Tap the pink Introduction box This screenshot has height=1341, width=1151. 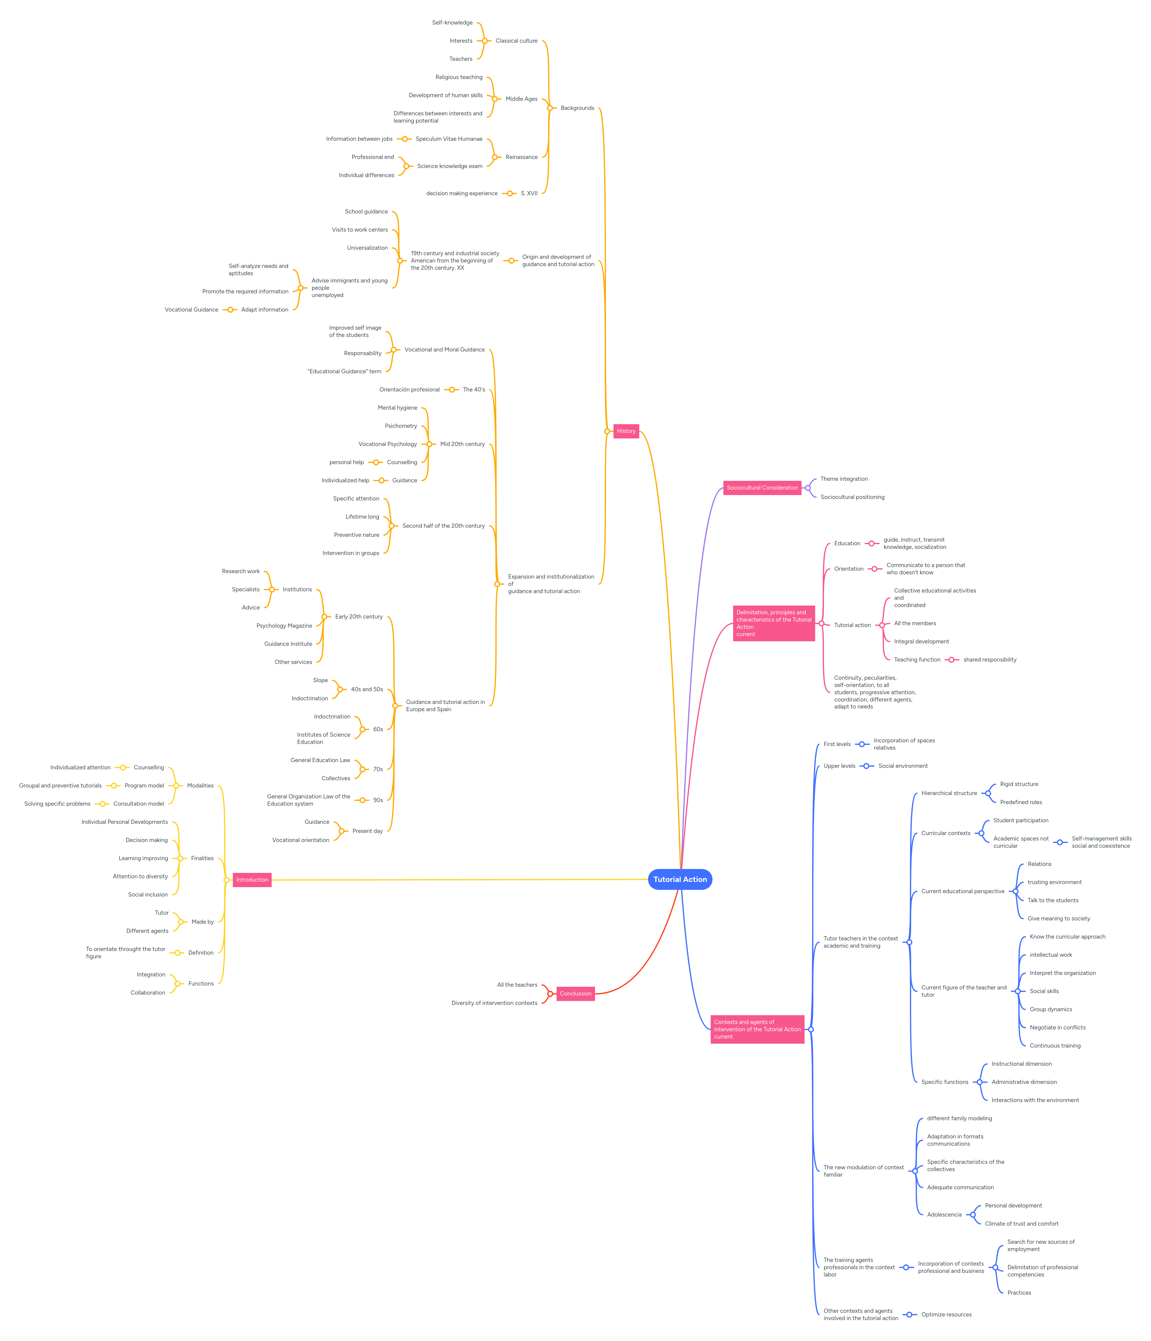click(252, 880)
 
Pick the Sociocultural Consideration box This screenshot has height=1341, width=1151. click(762, 487)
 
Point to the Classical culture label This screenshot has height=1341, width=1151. click(516, 41)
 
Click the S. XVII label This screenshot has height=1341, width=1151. click(529, 193)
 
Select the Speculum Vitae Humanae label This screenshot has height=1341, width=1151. click(448, 139)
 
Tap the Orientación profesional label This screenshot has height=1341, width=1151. click(409, 390)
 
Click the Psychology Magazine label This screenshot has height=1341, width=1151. click(284, 626)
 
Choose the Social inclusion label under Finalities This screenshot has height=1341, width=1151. click(147, 894)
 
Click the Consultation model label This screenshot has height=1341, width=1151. click(138, 804)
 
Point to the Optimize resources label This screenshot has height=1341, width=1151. click(946, 1314)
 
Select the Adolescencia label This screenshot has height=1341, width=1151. click(944, 1215)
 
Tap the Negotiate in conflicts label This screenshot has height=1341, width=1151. click(1057, 1028)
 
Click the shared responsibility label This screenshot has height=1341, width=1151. click(989, 659)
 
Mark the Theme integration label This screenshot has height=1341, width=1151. click(844, 479)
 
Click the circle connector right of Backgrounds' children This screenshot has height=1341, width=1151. click(550, 108)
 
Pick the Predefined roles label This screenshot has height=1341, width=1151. click(1020, 803)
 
